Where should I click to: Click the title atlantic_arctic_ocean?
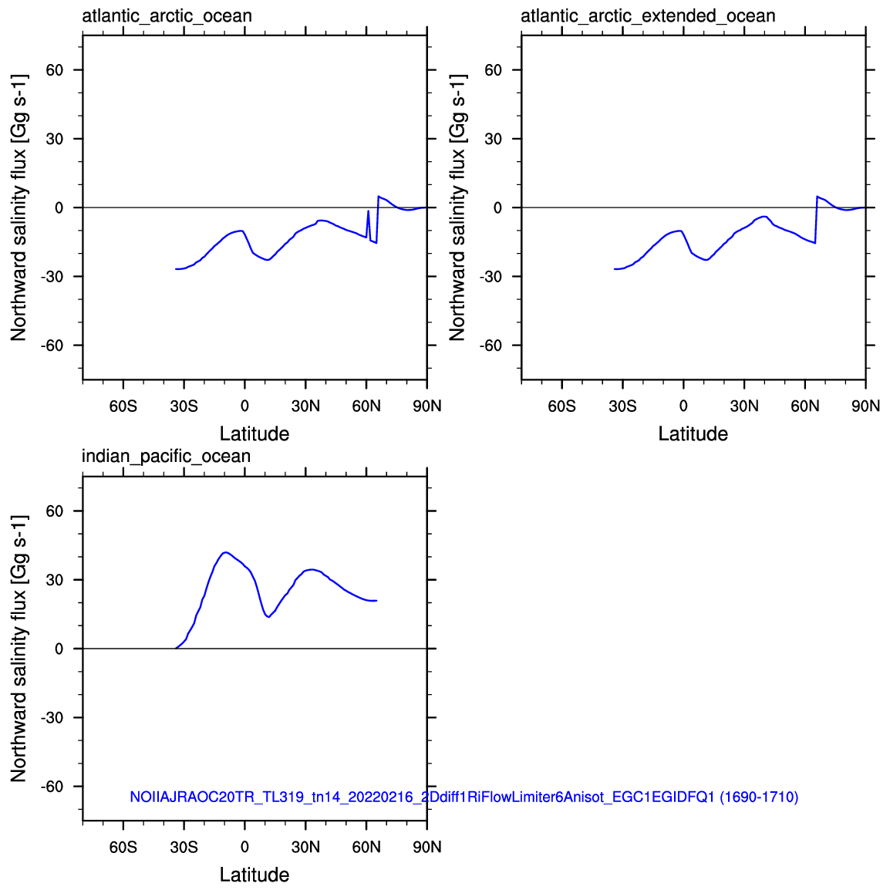pos(167,16)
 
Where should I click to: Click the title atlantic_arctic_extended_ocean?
pos(648,16)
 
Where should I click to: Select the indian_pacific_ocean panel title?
pos(166,457)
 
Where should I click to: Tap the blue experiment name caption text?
pos(464,797)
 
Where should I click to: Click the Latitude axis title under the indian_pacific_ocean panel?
pos(255,874)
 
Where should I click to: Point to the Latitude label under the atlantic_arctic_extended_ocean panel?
pos(693,433)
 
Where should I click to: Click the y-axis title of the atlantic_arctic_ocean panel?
pos(19,207)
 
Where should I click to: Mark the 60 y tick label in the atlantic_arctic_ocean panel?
pos(55,70)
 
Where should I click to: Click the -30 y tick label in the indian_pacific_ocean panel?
pos(52,717)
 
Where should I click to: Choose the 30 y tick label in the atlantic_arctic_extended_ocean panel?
pos(494,139)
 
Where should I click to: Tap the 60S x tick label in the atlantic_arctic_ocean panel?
pos(123,406)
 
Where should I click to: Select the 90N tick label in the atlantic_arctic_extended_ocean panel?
pos(865,406)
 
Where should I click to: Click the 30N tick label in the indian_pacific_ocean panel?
pos(305,848)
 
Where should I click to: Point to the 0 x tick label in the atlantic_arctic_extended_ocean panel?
pos(683,406)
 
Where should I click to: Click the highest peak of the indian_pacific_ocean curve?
pos(226,552)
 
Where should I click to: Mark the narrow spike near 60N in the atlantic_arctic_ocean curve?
pos(369,211)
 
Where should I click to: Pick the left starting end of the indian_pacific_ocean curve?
pos(176,648)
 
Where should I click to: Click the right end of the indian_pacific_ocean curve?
pos(376,601)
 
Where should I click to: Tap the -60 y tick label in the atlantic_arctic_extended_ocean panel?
pos(491,345)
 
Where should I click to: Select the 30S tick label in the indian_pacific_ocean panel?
pos(184,848)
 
